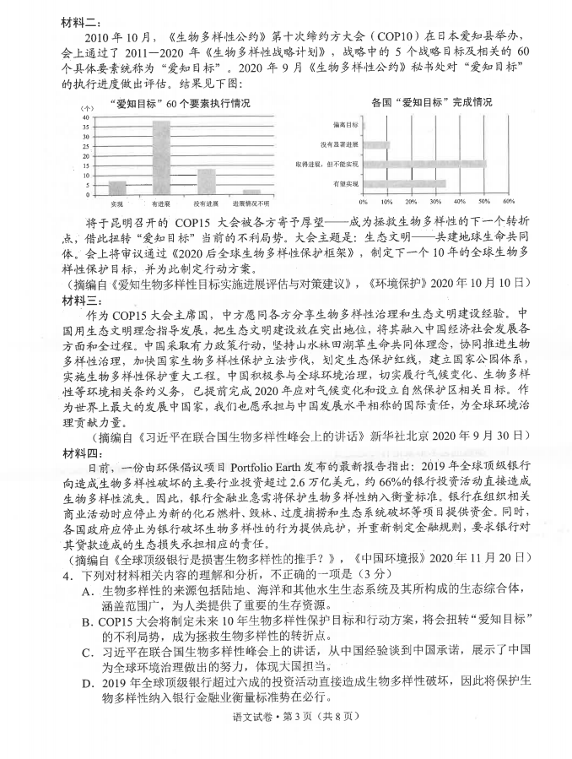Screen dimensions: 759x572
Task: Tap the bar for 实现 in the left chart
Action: pos(116,187)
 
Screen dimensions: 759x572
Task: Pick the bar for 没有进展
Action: pos(206,182)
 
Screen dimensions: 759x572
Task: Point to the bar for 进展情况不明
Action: pos(251,193)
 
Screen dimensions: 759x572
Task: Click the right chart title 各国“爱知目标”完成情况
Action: pos(431,101)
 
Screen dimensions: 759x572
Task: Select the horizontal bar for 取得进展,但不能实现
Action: pos(424,164)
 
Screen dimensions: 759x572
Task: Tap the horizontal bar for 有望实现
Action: pos(404,183)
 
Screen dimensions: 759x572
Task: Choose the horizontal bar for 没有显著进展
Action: pos(376,144)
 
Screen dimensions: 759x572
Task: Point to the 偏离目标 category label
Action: pos(347,125)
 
